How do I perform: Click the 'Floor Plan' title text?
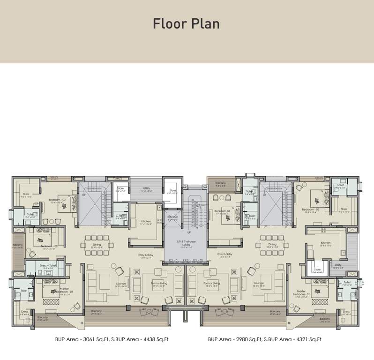187,24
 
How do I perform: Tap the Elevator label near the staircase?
172,218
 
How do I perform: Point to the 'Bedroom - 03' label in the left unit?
57,200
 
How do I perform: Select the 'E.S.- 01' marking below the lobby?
174,260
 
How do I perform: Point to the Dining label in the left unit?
97,244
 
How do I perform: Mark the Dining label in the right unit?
272,244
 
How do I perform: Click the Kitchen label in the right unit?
326,243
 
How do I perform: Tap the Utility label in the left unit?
146,188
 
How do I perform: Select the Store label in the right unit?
317,270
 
